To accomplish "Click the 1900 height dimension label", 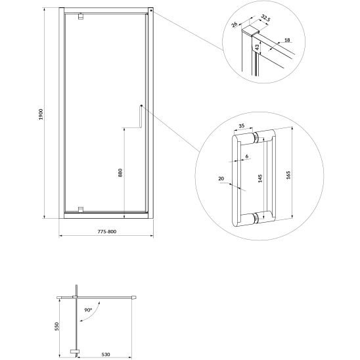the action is pyautogui.click(x=41, y=114).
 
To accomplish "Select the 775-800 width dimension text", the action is pyautogui.click(x=107, y=231).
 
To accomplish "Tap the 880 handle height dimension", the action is pyautogui.click(x=120, y=173).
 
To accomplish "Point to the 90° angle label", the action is pyautogui.click(x=88, y=310).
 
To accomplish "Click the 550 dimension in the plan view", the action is pyautogui.click(x=56, y=326).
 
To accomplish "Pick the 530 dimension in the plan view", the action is pyautogui.click(x=106, y=355).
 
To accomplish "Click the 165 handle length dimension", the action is pyautogui.click(x=288, y=175).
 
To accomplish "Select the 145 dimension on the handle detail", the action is pyautogui.click(x=260, y=179).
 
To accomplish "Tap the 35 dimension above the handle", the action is pyautogui.click(x=242, y=126).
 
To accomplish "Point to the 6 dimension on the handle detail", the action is pyautogui.click(x=247, y=156).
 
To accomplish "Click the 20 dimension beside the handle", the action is pyautogui.click(x=221, y=179).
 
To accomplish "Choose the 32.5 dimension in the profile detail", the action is pyautogui.click(x=265, y=18).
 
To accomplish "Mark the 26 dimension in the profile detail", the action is pyautogui.click(x=234, y=24).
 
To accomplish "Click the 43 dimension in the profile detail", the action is pyautogui.click(x=257, y=47).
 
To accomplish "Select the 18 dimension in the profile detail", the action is pyautogui.click(x=287, y=40).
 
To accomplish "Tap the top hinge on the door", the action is pyautogui.click(x=81, y=16).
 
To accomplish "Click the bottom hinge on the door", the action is pyautogui.click(x=81, y=210).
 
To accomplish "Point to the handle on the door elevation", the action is pyautogui.click(x=141, y=116).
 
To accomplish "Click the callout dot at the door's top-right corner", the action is pyautogui.click(x=151, y=11).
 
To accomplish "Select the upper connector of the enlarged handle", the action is pyautogui.click(x=256, y=137).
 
